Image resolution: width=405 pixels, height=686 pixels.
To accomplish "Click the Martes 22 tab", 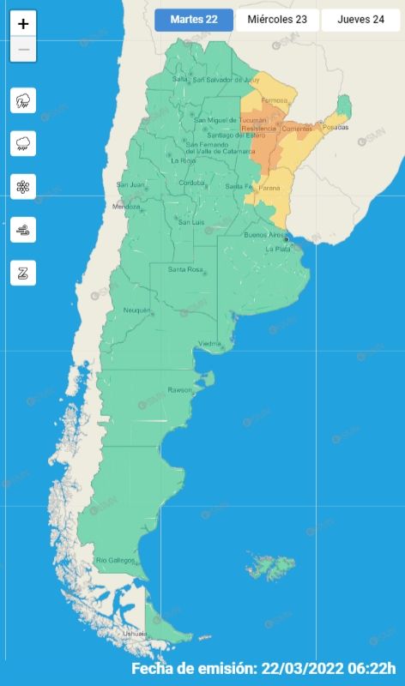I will [x=193, y=20].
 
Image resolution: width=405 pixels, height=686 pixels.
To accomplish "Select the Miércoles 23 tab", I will [x=276, y=20].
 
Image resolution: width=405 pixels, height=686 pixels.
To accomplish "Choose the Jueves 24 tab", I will [x=360, y=20].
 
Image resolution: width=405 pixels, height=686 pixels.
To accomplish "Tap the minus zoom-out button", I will [x=23, y=50].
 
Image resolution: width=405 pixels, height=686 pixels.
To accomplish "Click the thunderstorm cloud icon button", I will [x=23, y=100].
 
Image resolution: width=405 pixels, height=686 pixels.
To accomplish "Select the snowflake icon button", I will [x=23, y=187].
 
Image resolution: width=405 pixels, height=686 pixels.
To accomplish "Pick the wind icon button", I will [x=23, y=230].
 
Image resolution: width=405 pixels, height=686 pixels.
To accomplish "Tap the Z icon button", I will [x=23, y=274].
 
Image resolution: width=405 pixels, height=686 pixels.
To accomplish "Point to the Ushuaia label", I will [x=135, y=633].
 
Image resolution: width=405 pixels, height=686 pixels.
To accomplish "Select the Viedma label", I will [x=210, y=344].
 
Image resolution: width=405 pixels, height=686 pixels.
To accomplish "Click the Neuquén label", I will [x=136, y=310].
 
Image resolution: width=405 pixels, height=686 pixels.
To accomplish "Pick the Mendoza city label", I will [x=125, y=207].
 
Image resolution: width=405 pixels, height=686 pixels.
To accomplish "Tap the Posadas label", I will [x=337, y=128].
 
